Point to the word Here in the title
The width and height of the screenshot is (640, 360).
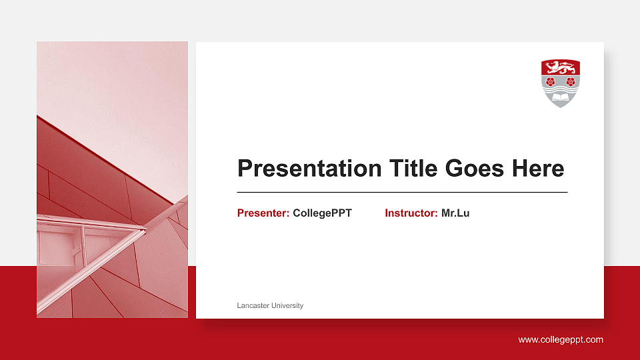pos(538,169)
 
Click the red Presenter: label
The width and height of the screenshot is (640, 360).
pos(263,213)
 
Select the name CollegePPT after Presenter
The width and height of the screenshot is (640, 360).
pos(322,213)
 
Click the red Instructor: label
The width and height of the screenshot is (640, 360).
pos(411,213)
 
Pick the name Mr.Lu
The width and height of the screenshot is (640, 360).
pos(455,213)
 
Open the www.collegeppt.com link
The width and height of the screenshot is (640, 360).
pos(561,340)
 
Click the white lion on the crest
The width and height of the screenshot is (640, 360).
pos(560,67)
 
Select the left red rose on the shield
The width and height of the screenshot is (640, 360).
pos(550,81)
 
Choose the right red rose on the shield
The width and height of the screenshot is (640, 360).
pos(570,81)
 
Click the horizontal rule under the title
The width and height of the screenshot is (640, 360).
pos(402,192)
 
